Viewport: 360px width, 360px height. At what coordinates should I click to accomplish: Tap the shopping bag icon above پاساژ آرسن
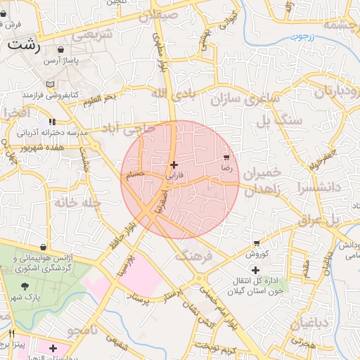(61, 50)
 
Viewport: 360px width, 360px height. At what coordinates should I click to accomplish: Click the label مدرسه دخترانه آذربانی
(47, 131)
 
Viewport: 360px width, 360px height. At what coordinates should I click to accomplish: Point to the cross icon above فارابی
(174, 165)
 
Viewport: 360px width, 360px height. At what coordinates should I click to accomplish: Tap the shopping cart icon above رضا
(226, 157)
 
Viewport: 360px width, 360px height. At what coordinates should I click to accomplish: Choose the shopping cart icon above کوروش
(257, 243)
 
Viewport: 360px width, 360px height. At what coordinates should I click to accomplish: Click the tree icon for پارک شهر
(26, 286)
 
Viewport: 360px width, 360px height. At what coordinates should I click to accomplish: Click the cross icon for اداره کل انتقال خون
(255, 270)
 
